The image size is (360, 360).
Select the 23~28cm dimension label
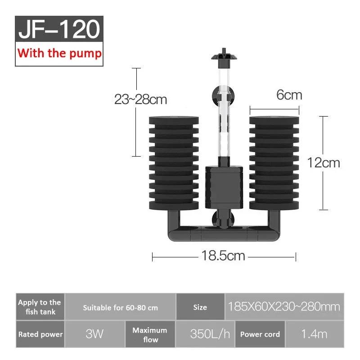(140, 99)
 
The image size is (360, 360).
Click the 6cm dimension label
(289, 95)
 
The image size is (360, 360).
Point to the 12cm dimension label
(324, 162)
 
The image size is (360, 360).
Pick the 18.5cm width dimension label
(223, 256)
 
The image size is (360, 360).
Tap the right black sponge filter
(274, 162)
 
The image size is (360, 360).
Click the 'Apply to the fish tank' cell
(40, 307)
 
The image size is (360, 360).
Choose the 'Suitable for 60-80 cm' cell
(120, 308)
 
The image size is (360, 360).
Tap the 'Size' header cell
(200, 307)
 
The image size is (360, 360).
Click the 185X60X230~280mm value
(284, 307)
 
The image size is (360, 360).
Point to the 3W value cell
(94, 334)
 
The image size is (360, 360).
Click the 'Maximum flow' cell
(149, 334)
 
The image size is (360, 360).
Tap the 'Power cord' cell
(260, 334)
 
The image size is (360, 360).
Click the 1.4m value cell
(315, 334)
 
